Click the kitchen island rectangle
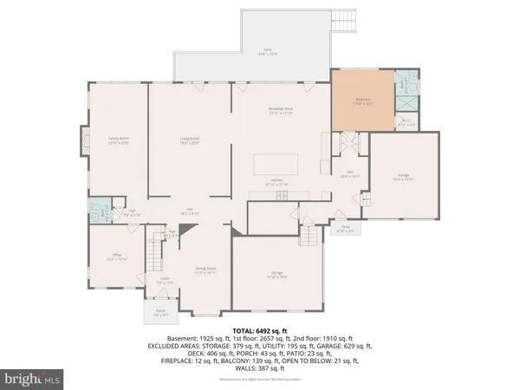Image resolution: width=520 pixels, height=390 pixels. pos(275,165)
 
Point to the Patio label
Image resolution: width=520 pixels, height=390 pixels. pos(345,231)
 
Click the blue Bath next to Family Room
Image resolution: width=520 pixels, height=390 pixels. pos(95,214)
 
